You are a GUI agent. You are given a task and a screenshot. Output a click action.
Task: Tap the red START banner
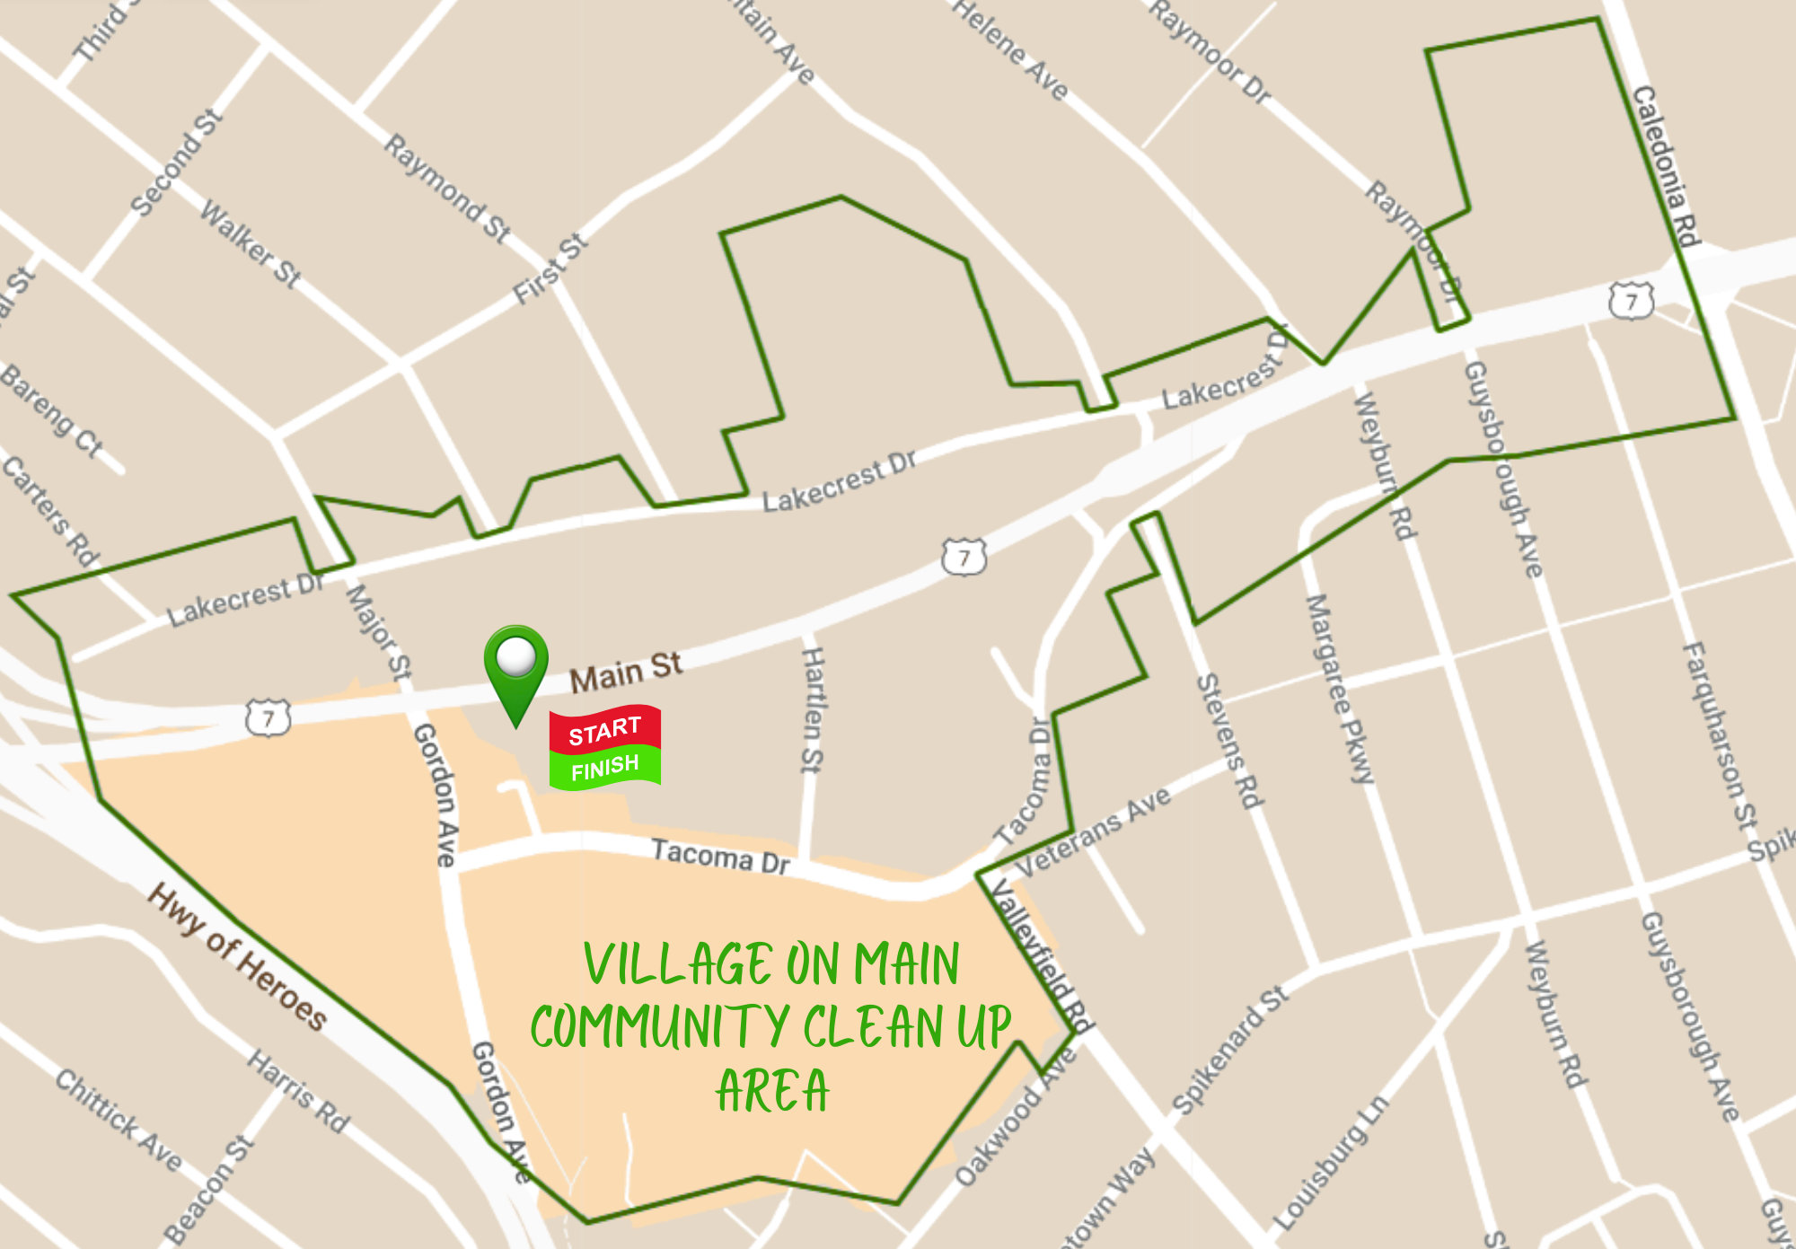point(604,730)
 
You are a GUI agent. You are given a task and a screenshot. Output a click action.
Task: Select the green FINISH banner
point(604,768)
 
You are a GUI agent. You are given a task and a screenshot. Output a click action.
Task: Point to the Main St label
point(626,672)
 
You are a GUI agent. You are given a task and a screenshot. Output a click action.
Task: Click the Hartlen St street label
point(812,709)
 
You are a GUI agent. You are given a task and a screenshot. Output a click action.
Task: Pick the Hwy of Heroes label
point(238,956)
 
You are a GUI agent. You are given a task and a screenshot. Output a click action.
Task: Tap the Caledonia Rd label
point(1667,165)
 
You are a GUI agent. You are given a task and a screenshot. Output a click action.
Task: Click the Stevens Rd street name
point(1229,741)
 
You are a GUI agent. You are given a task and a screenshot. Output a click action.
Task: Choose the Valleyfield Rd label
point(1041,955)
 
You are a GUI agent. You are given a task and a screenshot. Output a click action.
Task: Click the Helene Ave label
point(1010,48)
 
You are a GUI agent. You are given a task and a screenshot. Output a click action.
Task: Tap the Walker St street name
point(251,243)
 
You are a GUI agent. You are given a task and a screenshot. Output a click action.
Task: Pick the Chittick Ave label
point(119,1119)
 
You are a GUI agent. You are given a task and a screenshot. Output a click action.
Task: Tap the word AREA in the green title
point(772,1091)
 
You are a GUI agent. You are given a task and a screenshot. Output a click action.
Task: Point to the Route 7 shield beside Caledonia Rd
point(1631,301)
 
